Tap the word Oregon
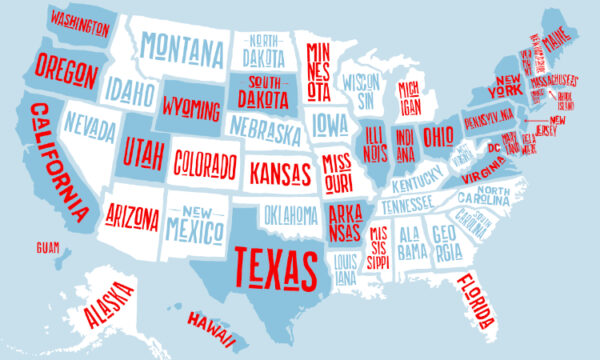pos(66,70)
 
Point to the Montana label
pos(181,47)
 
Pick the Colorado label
pos(204,163)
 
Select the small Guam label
pos(47,246)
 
